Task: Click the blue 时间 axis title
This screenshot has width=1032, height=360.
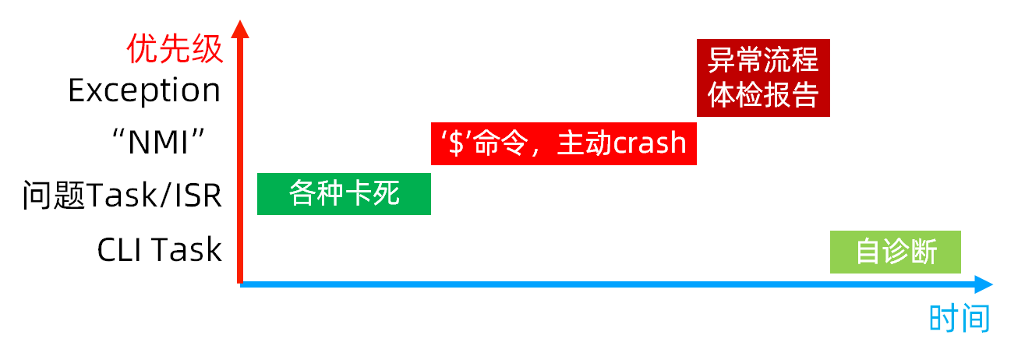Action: pyautogui.click(x=960, y=319)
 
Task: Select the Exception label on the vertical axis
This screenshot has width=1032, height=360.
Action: pyautogui.click(x=144, y=90)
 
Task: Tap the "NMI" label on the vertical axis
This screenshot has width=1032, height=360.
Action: pyautogui.click(x=159, y=143)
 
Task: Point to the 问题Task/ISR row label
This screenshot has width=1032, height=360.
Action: pyautogui.click(x=122, y=196)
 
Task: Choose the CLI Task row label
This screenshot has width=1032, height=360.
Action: pyautogui.click(x=159, y=250)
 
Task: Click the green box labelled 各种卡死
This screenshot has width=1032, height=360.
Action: pyautogui.click(x=344, y=193)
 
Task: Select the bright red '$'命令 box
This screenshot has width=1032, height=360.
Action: pyautogui.click(x=563, y=144)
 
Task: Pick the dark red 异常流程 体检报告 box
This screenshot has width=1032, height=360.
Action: pyautogui.click(x=763, y=77)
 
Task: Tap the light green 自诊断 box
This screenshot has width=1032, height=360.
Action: pyautogui.click(x=895, y=252)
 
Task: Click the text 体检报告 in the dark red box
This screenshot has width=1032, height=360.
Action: pyautogui.click(x=763, y=95)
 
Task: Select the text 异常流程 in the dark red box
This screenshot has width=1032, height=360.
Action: pyautogui.click(x=763, y=60)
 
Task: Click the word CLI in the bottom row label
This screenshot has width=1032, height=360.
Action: pyautogui.click(x=120, y=250)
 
